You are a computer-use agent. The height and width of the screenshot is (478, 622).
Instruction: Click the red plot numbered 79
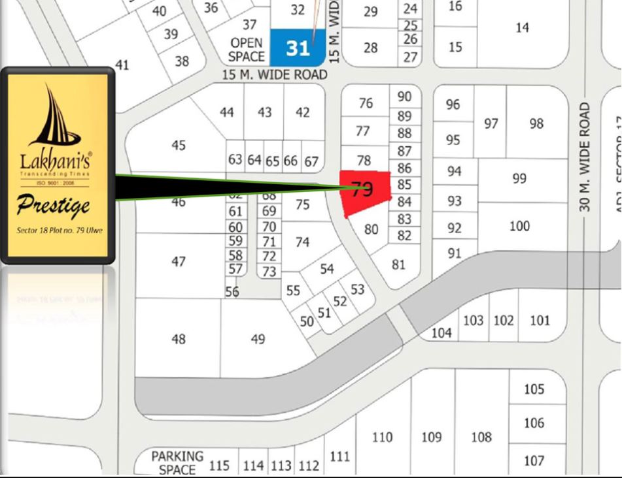[365, 191]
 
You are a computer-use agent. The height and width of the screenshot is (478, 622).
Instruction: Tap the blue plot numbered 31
[298, 48]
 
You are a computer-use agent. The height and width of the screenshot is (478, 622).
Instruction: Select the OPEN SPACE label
[247, 50]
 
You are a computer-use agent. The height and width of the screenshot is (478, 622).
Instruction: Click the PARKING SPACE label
[177, 462]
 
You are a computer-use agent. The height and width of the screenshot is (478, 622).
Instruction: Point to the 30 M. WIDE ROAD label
[585, 156]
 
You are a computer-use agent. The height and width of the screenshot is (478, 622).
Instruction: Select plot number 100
[519, 227]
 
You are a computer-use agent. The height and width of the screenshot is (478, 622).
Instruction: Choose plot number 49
[258, 339]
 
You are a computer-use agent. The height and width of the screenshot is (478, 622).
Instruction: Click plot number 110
[382, 437]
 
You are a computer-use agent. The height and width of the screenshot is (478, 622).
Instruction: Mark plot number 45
[179, 145]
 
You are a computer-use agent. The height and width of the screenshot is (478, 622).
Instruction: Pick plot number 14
[522, 28]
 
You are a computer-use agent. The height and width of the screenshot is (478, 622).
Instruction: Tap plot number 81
[398, 264]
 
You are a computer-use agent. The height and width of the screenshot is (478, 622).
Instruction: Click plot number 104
[441, 333]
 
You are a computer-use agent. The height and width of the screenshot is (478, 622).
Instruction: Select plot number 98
[536, 123]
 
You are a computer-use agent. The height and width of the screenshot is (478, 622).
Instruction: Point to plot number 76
[366, 103]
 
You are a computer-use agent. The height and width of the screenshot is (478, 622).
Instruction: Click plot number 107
[534, 461]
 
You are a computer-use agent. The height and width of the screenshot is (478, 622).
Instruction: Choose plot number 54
[327, 269]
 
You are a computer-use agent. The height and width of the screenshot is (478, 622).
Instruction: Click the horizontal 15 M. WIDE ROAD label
[274, 75]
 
